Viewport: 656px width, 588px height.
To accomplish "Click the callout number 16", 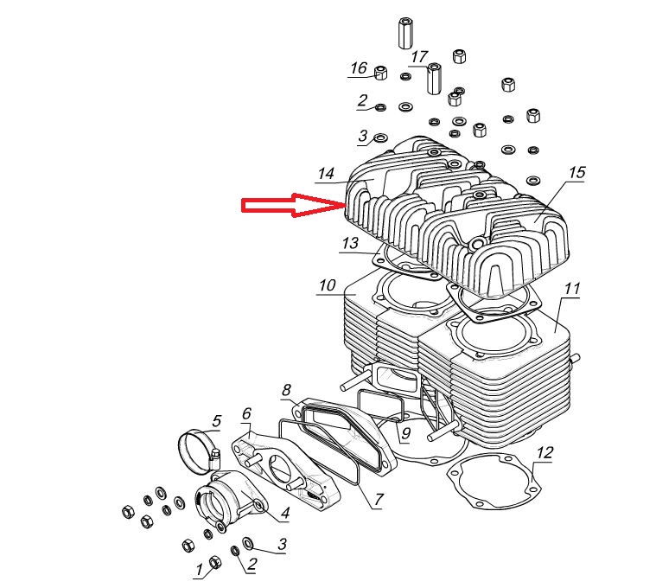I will (359, 68).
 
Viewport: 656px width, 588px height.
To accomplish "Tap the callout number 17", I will (419, 57).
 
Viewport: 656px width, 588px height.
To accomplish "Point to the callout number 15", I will (576, 173).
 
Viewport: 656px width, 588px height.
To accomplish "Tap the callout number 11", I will (572, 288).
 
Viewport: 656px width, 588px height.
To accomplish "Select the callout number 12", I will (545, 453).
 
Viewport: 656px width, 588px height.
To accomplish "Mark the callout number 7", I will (378, 500).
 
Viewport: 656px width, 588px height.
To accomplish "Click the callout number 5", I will (216, 421).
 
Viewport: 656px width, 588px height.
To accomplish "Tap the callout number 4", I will (283, 515).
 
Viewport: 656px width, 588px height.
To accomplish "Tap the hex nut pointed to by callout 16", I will (381, 72).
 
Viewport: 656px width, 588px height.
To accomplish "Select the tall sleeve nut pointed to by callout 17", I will (434, 79).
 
